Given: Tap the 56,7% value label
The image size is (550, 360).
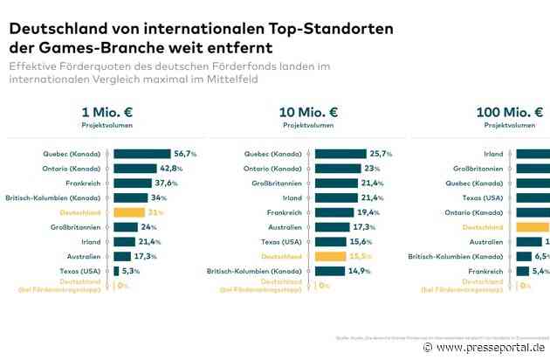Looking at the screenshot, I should click(x=185, y=153).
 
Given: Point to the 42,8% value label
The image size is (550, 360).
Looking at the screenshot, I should click(x=170, y=168).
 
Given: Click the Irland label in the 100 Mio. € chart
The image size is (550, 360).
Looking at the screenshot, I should click(x=492, y=153).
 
